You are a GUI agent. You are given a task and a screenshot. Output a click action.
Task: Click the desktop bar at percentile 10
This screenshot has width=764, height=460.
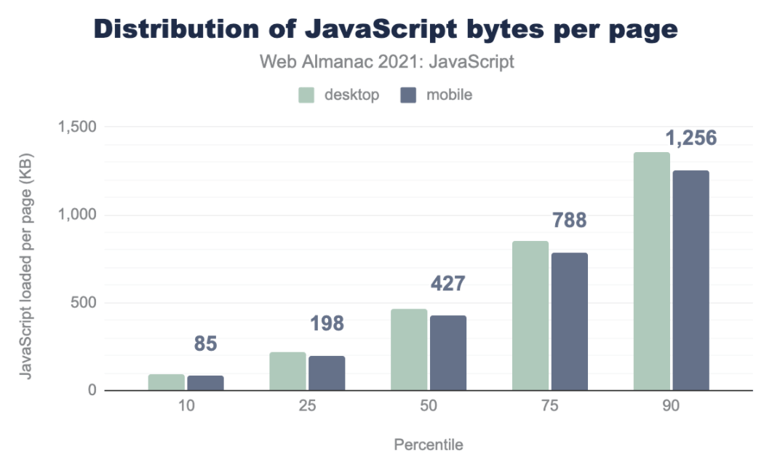(167, 382)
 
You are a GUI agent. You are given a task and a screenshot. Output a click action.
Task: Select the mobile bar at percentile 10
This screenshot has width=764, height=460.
(205, 383)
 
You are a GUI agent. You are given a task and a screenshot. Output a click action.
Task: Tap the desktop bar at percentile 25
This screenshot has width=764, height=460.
(287, 371)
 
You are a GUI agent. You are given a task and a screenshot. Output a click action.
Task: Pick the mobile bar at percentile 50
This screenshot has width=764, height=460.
(447, 353)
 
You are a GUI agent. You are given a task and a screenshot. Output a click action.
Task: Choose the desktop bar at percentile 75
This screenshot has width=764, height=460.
(530, 316)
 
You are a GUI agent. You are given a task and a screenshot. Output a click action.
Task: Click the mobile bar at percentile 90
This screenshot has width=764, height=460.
(691, 281)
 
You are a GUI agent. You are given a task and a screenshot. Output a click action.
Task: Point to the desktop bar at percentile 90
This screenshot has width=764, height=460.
(651, 271)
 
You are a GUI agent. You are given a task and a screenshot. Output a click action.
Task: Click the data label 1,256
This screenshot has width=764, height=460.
(691, 138)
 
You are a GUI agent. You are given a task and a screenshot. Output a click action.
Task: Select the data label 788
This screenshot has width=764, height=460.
(569, 220)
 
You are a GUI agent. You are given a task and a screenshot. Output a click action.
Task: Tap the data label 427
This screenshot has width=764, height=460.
(447, 283)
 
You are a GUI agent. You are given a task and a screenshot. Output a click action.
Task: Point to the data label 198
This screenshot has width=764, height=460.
(327, 323)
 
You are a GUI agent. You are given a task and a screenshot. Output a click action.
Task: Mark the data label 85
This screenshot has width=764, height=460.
(205, 343)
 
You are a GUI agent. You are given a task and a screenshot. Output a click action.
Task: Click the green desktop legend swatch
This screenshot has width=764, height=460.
(306, 95)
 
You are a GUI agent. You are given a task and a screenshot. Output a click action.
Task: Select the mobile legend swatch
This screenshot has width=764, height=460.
(408, 95)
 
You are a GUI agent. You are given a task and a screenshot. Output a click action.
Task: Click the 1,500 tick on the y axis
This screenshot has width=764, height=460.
(77, 127)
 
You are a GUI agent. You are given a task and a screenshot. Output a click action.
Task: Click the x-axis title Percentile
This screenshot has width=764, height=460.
(428, 444)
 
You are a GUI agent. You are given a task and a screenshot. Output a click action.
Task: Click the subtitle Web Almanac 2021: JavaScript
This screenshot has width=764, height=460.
(387, 62)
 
